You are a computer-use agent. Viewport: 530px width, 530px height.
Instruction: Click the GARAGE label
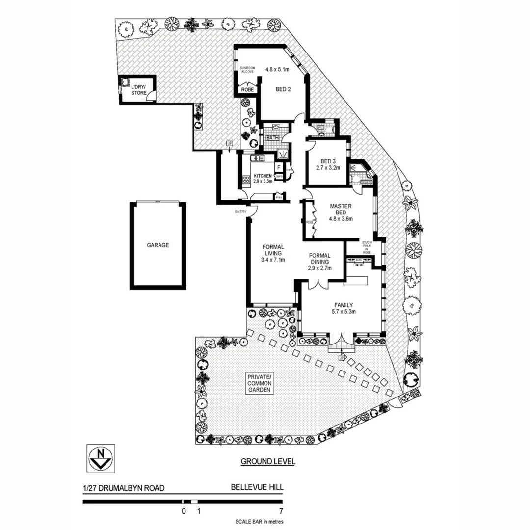click(158, 245)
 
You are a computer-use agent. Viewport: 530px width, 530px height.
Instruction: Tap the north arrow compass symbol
click(101, 457)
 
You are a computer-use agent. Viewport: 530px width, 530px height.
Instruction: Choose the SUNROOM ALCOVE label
click(246, 69)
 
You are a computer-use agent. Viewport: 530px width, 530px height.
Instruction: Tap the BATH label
click(272, 138)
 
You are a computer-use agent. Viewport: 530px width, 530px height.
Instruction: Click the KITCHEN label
click(263, 176)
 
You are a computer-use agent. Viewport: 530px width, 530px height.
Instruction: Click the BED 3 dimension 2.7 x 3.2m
click(327, 167)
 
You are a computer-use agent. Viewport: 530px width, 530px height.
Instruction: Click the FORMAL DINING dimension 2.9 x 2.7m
click(319, 268)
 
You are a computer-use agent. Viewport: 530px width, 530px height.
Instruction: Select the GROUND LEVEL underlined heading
click(267, 462)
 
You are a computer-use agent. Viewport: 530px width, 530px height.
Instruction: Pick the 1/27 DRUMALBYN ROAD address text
click(123, 488)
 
